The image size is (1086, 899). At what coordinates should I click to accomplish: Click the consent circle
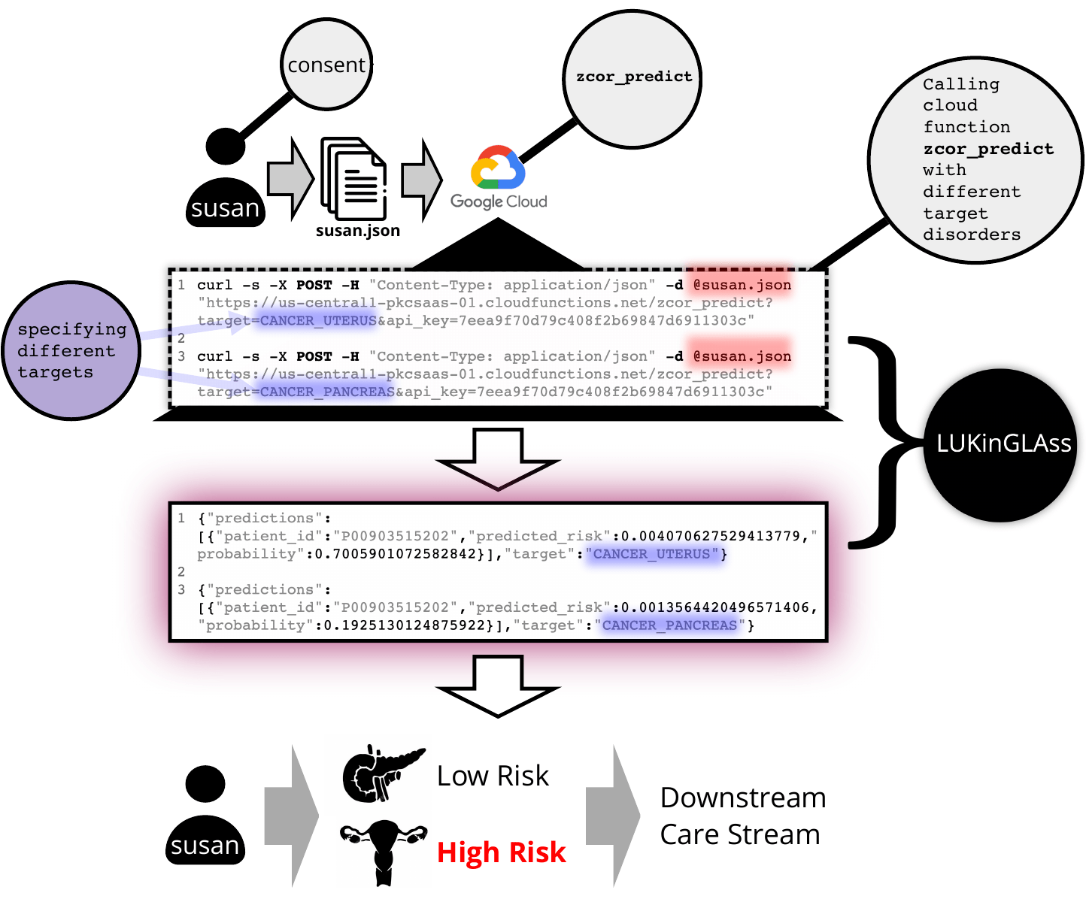(326, 65)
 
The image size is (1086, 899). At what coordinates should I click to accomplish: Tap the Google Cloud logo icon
(498, 167)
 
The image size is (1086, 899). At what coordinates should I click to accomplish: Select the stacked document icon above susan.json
(353, 178)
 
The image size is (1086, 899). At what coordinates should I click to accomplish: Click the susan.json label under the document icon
(358, 230)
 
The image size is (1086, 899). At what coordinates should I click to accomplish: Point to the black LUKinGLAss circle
(1000, 445)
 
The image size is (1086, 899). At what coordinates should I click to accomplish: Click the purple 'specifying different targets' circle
(71, 350)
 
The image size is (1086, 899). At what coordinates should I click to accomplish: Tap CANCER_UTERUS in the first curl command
(318, 320)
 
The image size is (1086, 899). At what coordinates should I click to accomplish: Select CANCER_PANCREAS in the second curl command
(327, 392)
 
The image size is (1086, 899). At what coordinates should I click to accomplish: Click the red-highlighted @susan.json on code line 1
(742, 285)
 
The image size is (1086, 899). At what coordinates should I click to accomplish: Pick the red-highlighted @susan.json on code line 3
(742, 356)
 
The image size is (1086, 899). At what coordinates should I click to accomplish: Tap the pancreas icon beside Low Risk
(383, 773)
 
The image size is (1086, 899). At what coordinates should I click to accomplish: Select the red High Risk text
(501, 852)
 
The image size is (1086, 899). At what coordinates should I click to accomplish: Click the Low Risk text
(493, 776)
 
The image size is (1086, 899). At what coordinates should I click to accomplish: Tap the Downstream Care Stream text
(743, 816)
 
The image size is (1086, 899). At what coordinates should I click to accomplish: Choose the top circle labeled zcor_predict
(632, 79)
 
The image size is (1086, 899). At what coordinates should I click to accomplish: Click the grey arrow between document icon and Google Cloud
(422, 180)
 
